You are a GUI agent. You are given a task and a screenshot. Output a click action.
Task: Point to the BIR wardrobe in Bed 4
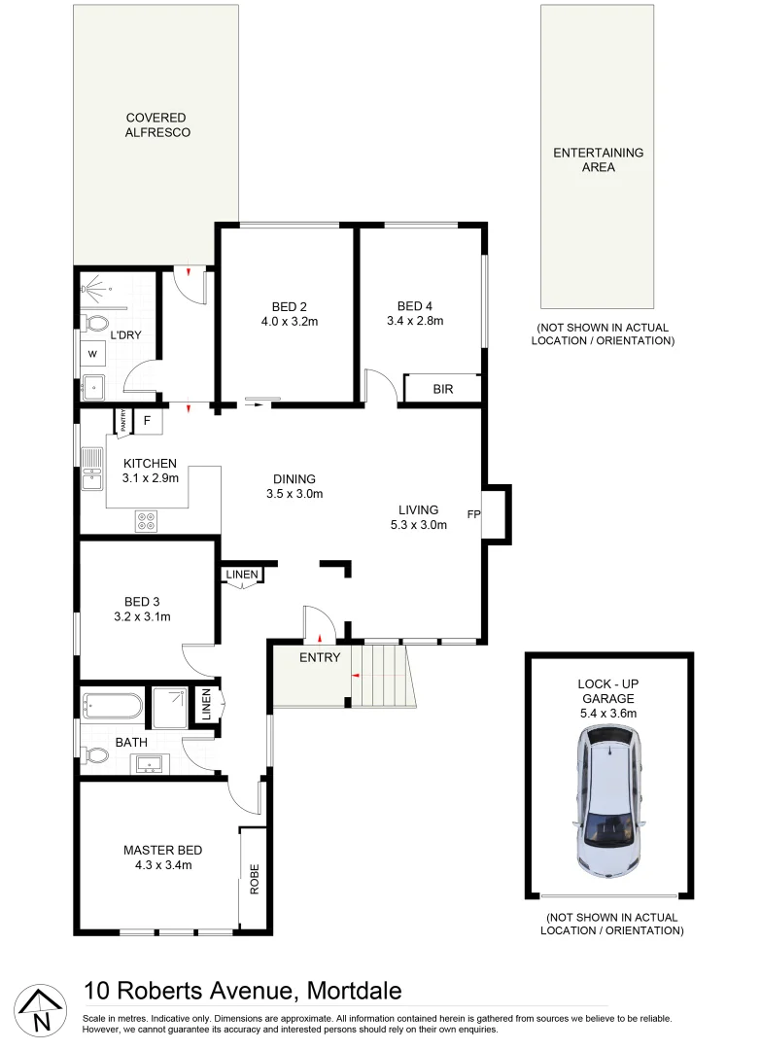pyautogui.click(x=442, y=388)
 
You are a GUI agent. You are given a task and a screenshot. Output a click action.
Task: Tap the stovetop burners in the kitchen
pyautogui.click(x=147, y=521)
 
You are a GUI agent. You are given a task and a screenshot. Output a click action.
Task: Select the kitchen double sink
pyautogui.click(x=92, y=469)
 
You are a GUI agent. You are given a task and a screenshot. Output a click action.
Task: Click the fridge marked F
pyautogui.click(x=147, y=421)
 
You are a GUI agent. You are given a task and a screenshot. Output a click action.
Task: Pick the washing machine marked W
pyautogui.click(x=93, y=353)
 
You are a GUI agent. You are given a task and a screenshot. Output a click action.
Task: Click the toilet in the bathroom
pyautogui.click(x=96, y=754)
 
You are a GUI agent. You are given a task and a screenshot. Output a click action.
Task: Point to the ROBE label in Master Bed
pyautogui.click(x=255, y=879)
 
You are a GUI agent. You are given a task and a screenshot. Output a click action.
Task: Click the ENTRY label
pyautogui.click(x=320, y=658)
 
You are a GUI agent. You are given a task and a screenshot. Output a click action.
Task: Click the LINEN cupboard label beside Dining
pyautogui.click(x=242, y=575)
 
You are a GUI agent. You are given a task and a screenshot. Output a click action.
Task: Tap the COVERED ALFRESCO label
pyautogui.click(x=156, y=125)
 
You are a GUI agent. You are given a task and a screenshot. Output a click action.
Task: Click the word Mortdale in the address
pyautogui.click(x=354, y=991)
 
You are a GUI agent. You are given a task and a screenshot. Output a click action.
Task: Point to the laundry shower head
pyautogui.click(x=93, y=287)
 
